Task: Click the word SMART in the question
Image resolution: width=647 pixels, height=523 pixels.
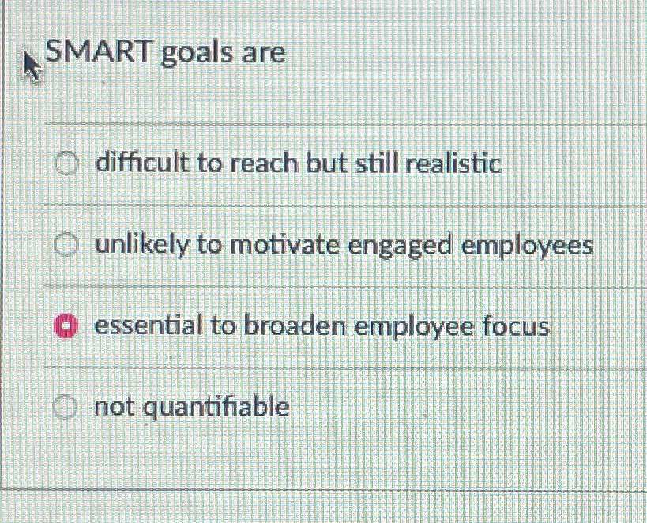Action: click(98, 52)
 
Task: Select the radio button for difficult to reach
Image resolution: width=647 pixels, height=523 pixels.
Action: click(67, 164)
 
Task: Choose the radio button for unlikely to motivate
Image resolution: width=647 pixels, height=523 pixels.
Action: click(67, 246)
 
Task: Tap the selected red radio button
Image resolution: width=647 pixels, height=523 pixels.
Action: click(66, 325)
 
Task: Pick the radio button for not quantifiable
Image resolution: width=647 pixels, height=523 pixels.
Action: click(66, 408)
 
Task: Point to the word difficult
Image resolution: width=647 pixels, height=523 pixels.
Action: click(142, 164)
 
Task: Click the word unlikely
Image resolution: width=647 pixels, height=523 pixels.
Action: click(142, 246)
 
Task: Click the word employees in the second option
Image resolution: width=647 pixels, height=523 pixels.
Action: click(527, 246)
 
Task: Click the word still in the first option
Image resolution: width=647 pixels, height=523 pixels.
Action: click(376, 164)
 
